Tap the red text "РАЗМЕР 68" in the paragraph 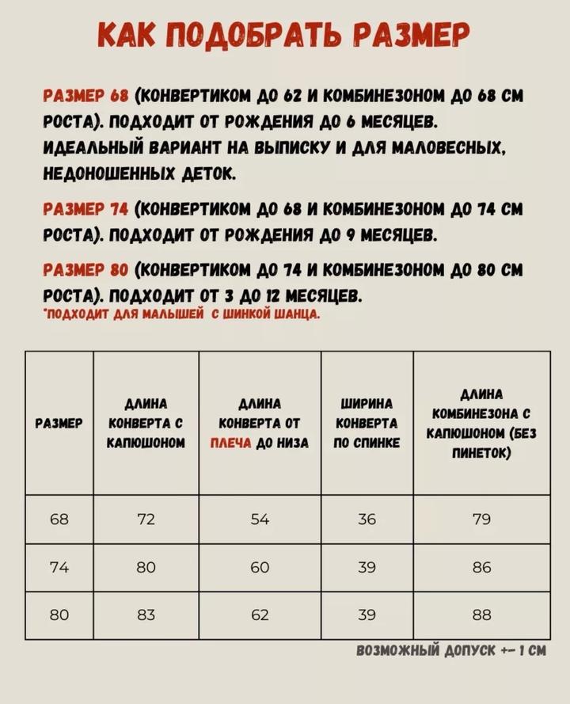click(x=85, y=97)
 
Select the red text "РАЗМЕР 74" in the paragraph click(x=85, y=209)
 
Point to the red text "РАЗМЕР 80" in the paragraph click(x=85, y=270)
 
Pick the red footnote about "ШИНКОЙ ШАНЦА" click(x=182, y=314)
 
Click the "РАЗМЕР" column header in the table click(x=59, y=424)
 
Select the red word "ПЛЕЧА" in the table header click(x=230, y=443)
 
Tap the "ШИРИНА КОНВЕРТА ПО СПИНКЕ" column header click(x=367, y=424)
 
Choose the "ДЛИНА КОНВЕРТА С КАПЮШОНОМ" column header click(x=146, y=424)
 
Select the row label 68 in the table click(x=59, y=519)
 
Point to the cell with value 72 click(x=146, y=519)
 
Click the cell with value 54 click(x=260, y=519)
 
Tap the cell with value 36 click(x=367, y=519)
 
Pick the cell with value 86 click(x=481, y=567)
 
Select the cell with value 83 click(x=146, y=615)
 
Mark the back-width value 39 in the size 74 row click(x=367, y=567)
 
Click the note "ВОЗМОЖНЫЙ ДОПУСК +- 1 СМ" click(x=451, y=651)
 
